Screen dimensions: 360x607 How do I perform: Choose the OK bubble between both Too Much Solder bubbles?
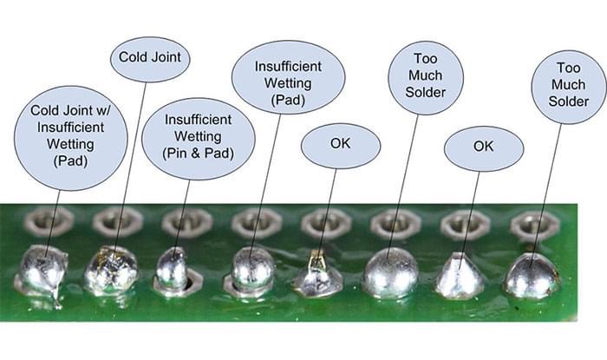pos(483,147)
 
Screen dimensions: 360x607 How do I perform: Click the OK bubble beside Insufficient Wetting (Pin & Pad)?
pos(340,145)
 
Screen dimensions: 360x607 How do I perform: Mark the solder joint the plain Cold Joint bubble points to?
pos(112,270)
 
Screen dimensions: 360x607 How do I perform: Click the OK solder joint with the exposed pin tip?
pos(317,274)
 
